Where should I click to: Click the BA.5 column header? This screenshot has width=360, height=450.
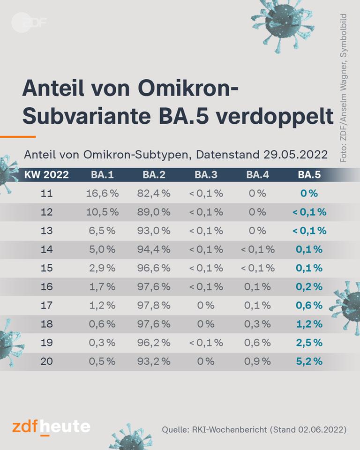(x=309, y=175)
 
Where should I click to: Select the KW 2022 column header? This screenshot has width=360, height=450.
(x=46, y=175)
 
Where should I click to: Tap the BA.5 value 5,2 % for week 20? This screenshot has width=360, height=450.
(x=309, y=361)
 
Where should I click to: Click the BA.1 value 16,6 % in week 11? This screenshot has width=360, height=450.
(x=102, y=193)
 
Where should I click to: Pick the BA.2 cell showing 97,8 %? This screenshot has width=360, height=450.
(x=154, y=305)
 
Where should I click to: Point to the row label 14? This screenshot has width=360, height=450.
(x=47, y=249)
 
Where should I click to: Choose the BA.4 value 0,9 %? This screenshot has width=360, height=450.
(x=258, y=361)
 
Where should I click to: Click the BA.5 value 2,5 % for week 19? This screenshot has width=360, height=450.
(x=309, y=343)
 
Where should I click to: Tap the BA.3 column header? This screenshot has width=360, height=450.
(x=206, y=175)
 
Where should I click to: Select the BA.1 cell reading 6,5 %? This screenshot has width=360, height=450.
(x=102, y=231)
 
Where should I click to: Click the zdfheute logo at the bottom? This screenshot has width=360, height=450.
(x=51, y=427)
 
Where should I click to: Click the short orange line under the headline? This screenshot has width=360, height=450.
(x=18, y=137)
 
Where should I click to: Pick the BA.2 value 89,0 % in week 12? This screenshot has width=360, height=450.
(x=154, y=212)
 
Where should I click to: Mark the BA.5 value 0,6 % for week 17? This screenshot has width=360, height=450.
(x=309, y=305)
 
